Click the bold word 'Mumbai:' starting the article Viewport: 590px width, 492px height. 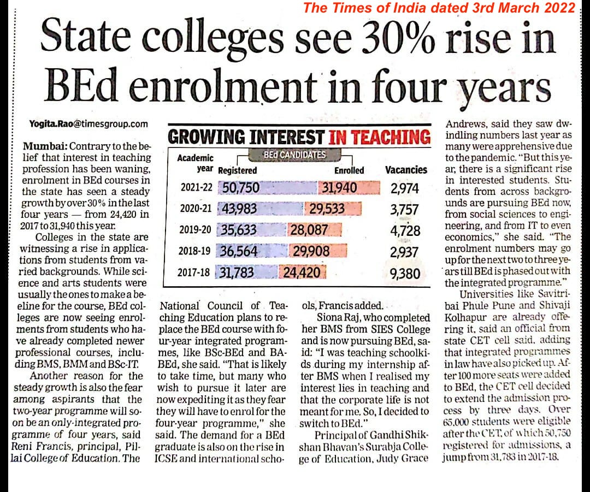pos(46,147)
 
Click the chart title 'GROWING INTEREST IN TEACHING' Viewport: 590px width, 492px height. pos(298,137)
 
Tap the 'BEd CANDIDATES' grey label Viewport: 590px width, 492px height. pos(294,155)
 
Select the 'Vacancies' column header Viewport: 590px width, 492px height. pos(406,170)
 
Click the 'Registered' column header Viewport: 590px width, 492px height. pos(237,170)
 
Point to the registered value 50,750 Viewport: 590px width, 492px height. pos(241,188)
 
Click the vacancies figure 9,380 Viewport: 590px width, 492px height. pos(405,272)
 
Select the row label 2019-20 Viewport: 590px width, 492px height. pos(195,230)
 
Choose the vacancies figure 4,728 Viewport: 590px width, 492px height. pos(405,230)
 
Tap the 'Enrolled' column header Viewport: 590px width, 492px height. pos(349,170)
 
